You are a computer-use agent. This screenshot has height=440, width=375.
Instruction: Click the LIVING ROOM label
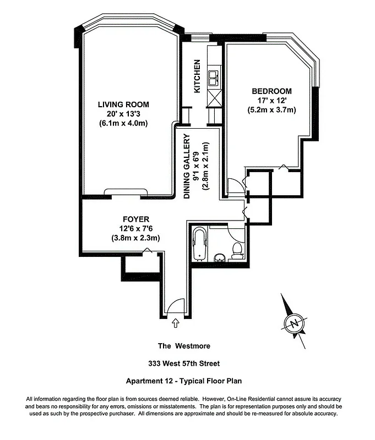[x=123, y=104]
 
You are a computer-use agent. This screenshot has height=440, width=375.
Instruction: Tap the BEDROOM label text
[x=271, y=91]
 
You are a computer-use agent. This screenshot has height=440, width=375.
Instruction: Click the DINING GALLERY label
[x=187, y=167]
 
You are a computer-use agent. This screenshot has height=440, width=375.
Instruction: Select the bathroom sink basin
[x=219, y=257]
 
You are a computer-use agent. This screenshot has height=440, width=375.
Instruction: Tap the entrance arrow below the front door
[x=176, y=323]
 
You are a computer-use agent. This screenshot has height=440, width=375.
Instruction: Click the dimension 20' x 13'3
[x=123, y=114]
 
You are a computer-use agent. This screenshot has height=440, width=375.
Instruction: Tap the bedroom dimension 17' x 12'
[x=271, y=101]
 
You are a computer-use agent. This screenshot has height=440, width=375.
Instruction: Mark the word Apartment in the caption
[x=144, y=381]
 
